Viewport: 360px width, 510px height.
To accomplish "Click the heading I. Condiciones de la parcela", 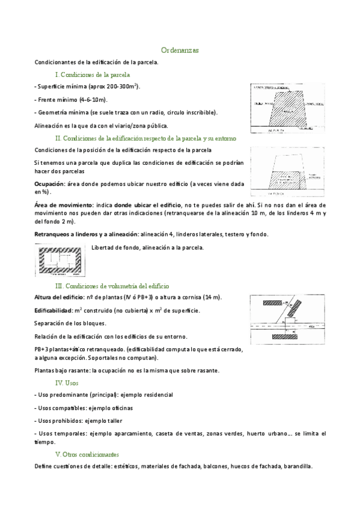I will pyautogui.click(x=93, y=75).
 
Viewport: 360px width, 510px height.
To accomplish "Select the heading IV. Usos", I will pyautogui.click(x=67, y=382).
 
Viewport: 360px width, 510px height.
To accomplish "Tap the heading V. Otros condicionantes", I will pyautogui.click(x=87, y=454).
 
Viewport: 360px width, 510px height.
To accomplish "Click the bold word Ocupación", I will pyautogui.click(x=49, y=183).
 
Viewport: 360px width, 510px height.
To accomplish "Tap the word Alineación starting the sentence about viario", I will pyautogui.click(x=49, y=125).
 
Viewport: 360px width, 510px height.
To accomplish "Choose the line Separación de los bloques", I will pyautogui.click(x=71, y=323).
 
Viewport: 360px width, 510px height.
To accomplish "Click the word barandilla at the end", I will pyautogui.click(x=297, y=466).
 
